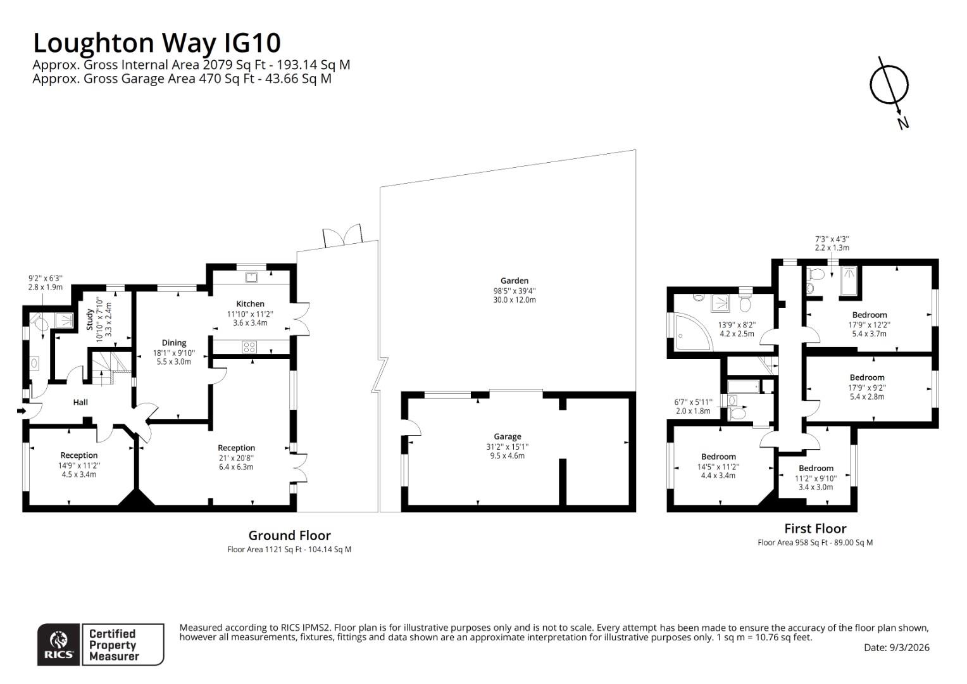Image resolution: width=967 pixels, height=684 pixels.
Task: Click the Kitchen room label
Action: pyautogui.click(x=250, y=304)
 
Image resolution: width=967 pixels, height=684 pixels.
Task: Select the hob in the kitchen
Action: pyautogui.click(x=249, y=347)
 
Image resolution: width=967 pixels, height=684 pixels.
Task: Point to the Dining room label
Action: pyautogui.click(x=173, y=343)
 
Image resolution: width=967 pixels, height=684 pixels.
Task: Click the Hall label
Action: pyautogui.click(x=80, y=402)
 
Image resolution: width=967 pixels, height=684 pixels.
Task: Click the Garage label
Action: pyautogui.click(x=507, y=436)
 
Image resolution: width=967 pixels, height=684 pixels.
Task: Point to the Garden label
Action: pyautogui.click(x=514, y=281)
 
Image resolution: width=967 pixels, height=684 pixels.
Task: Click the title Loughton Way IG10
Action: pyautogui.click(x=156, y=43)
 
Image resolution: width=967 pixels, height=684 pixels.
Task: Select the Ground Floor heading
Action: pyautogui.click(x=289, y=535)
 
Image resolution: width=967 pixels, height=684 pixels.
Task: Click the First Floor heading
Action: pyautogui.click(x=814, y=528)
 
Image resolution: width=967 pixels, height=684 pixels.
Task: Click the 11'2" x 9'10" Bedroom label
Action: pyautogui.click(x=816, y=469)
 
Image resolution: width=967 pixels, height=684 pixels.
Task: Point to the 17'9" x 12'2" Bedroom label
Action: pyautogui.click(x=869, y=315)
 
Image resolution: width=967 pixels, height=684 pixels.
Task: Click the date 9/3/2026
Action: pyautogui.click(x=896, y=647)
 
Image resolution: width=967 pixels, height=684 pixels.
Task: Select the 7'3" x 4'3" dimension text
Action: pyautogui.click(x=832, y=239)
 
